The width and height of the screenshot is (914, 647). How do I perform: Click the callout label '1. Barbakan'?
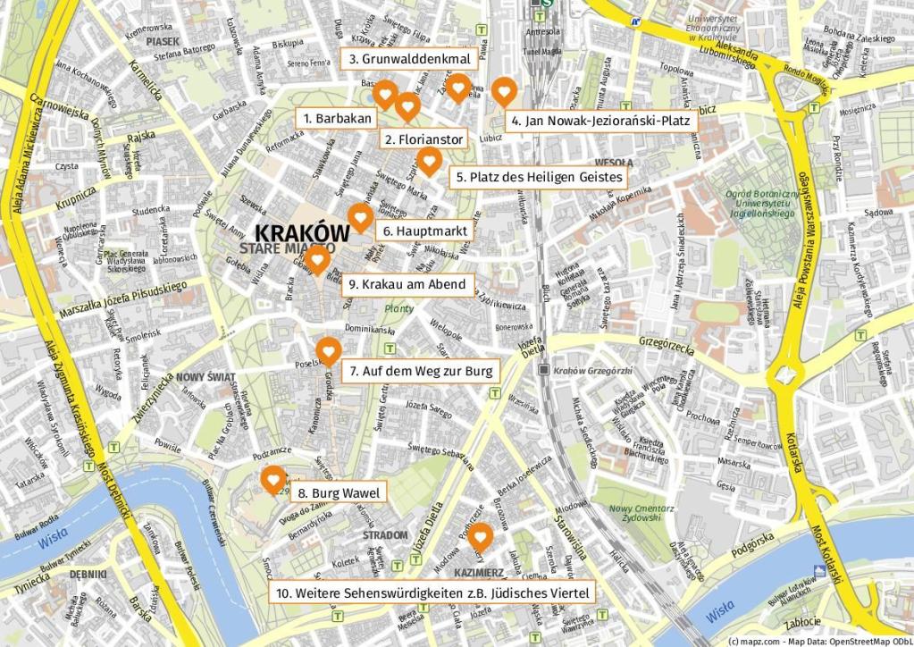[x=337, y=118]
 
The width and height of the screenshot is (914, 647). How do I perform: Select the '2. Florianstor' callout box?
[x=423, y=139]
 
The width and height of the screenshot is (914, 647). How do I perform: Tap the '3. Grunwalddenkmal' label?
[x=409, y=59]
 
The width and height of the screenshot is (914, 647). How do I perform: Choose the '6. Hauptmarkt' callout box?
[x=424, y=230]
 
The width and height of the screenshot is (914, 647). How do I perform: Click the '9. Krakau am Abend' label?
[x=407, y=284]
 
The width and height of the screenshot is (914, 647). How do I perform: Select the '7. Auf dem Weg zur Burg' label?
[x=419, y=370]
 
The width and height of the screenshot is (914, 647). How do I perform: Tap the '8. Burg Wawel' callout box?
[x=338, y=492]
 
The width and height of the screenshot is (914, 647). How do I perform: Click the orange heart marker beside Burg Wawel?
[x=273, y=480]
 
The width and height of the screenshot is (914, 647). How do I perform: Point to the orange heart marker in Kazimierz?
[x=481, y=536]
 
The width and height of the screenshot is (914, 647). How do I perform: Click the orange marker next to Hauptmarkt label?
[x=360, y=217]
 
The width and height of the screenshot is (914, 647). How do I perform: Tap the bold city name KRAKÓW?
[x=302, y=231]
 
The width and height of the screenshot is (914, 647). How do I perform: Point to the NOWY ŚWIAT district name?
[x=205, y=377]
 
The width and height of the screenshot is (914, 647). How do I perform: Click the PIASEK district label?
[x=163, y=41]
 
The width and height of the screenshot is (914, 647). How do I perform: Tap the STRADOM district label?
[x=385, y=534]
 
